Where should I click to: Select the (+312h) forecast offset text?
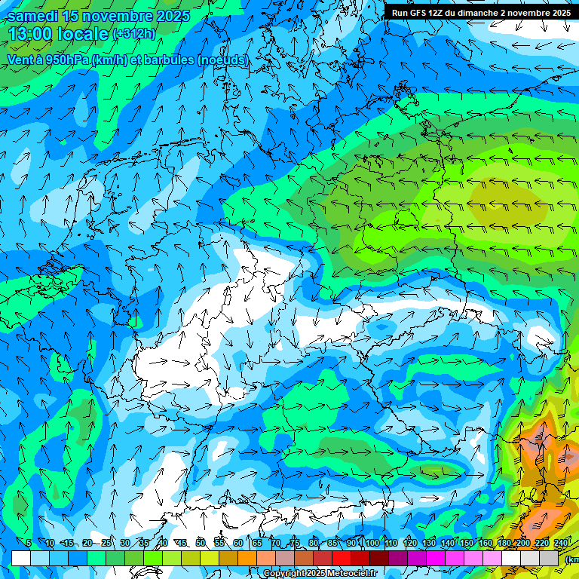click(134, 34)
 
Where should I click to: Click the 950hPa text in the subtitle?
click(67, 60)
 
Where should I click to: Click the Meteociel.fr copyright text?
click(320, 574)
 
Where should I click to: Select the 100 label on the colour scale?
click(372, 543)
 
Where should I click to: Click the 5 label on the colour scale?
click(29, 543)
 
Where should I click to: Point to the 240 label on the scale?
click(561, 543)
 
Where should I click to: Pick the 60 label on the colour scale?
click(238, 543)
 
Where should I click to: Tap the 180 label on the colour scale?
click(504, 543)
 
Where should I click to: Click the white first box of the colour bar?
click(21, 558)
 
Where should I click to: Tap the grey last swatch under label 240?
click(549, 558)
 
